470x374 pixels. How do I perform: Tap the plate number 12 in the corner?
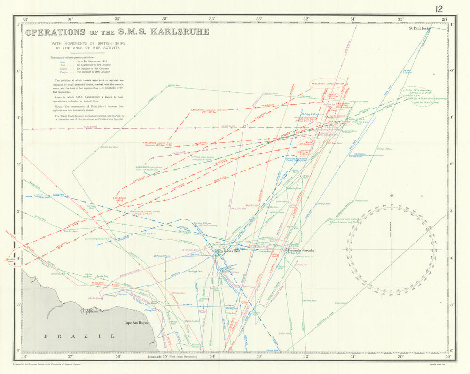click(439, 8)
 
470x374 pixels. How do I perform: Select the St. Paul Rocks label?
click(420, 28)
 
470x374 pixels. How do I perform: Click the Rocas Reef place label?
click(230, 252)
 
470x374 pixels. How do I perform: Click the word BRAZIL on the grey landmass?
click(79, 336)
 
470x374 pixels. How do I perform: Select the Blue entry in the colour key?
click(63, 62)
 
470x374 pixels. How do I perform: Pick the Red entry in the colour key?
click(63, 65)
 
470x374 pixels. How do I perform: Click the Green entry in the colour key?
click(63, 69)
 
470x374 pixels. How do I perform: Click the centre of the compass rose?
click(392, 249)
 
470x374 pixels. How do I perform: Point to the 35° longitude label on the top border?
click(164, 19)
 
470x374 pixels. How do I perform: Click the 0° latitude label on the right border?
click(452, 71)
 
